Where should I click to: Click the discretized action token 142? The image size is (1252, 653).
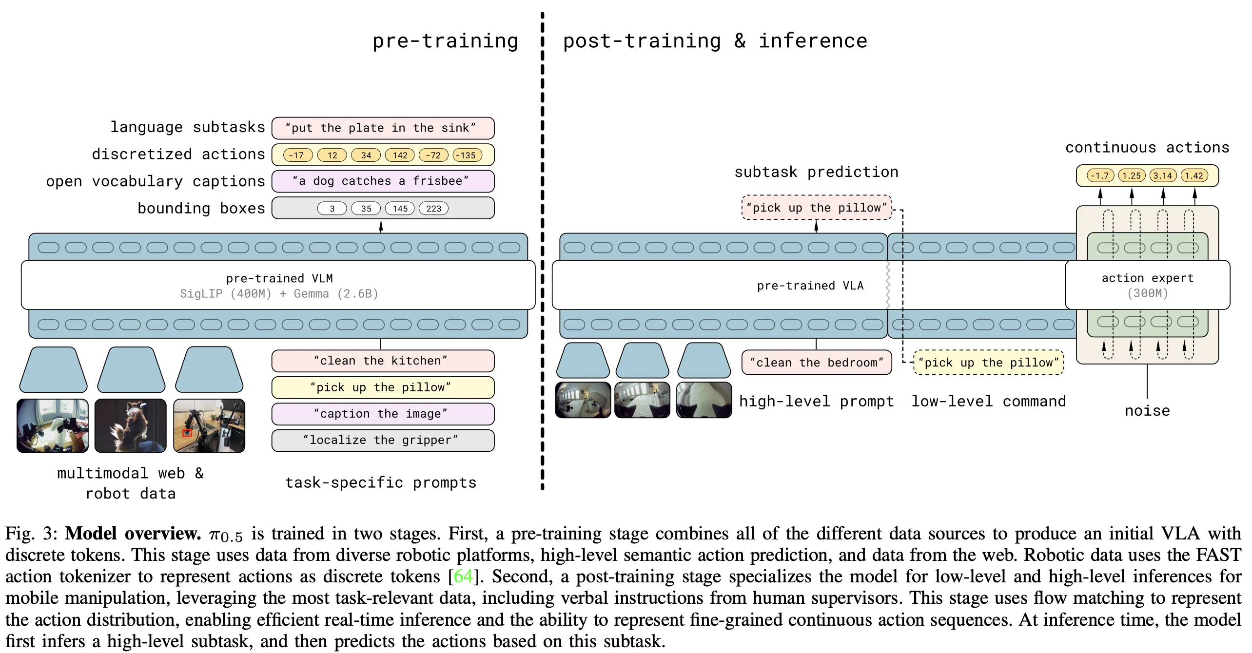point(400,155)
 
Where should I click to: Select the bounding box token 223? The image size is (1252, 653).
point(433,209)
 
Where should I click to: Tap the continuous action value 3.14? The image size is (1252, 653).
point(1163,175)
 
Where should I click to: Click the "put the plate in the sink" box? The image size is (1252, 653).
point(383,128)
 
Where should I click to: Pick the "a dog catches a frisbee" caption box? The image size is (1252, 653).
point(383,181)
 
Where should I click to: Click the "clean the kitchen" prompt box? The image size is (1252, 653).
point(383,361)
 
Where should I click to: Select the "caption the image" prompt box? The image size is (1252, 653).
point(383,414)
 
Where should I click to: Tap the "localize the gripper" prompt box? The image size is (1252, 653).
point(383,440)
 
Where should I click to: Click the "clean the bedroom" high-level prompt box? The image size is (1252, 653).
point(817,363)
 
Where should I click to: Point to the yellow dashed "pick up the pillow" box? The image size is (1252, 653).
point(988,363)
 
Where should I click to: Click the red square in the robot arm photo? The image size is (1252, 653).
point(187,433)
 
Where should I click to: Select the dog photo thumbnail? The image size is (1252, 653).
point(130,425)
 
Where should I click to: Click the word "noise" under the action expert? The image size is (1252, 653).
point(1147,411)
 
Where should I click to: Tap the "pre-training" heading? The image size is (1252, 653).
point(445,41)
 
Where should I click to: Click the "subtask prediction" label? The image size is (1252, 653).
point(816,172)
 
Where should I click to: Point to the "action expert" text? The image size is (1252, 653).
point(1147,278)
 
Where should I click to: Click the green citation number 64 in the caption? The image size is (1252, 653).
point(463,576)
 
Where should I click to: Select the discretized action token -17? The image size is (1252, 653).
point(297,155)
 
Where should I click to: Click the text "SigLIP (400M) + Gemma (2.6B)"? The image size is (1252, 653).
point(279,294)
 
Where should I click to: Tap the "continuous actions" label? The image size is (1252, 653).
point(1147,148)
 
